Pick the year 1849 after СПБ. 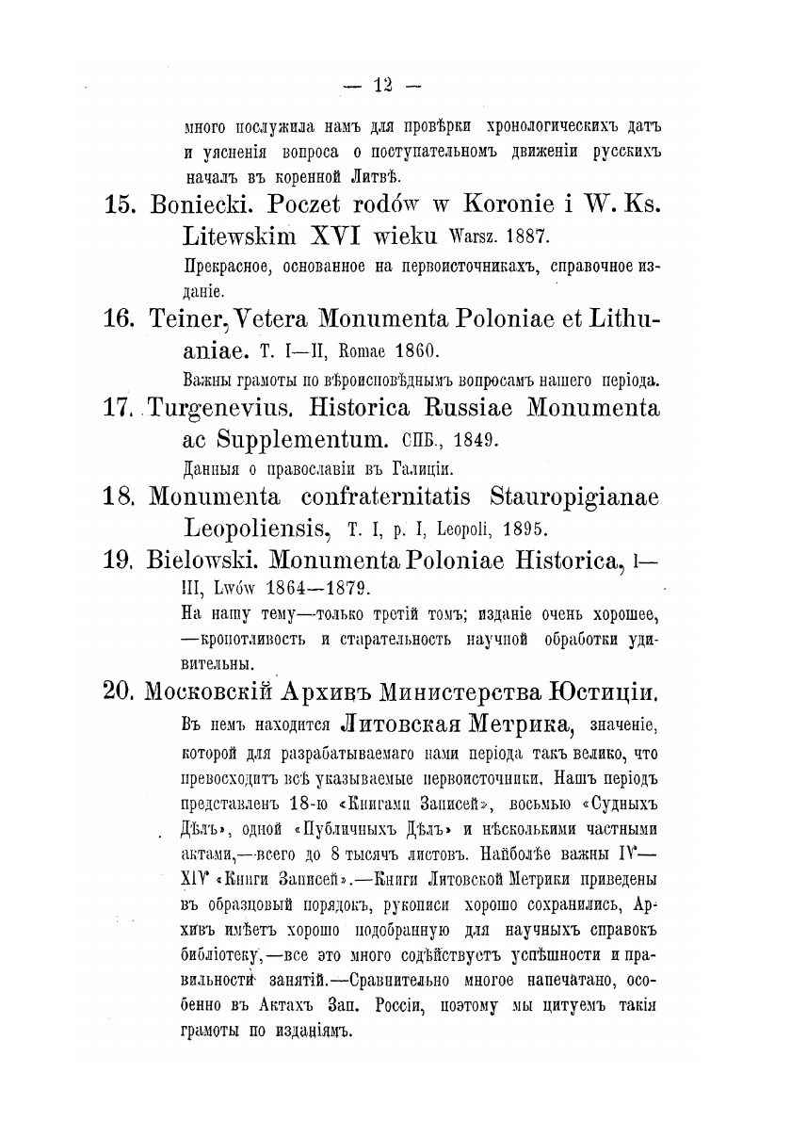[x=461, y=439]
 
